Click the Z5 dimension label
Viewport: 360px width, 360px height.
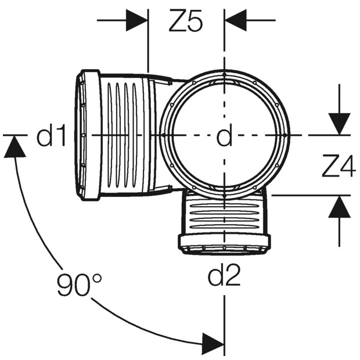pyautogui.click(x=186, y=20)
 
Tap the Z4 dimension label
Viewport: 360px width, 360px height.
pyautogui.click(x=339, y=166)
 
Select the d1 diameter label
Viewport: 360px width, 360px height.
pyautogui.click(x=51, y=135)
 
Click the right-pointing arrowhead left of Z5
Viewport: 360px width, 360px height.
pyautogui.click(x=136, y=20)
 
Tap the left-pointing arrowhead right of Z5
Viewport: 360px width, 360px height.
pyautogui.click(x=236, y=20)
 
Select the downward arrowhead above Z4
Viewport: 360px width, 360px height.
pyautogui.click(x=339, y=124)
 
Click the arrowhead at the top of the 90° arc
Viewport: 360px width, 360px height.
pyautogui.click(x=15, y=146)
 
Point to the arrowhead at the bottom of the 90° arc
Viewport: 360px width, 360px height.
pyautogui.click(x=213, y=344)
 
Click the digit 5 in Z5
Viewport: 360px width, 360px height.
pyautogui.click(x=195, y=20)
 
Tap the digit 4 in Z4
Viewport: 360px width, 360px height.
pyautogui.click(x=347, y=166)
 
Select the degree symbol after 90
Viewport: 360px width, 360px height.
pyautogui.click(x=97, y=278)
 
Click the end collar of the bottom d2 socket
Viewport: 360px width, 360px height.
pyautogui.click(x=224, y=241)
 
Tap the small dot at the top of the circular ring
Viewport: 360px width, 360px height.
pyautogui.click(x=224, y=74)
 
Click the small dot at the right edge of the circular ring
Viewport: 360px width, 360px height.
pyautogui.click(x=285, y=135)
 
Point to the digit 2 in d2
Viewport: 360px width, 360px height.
pyautogui.click(x=232, y=275)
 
